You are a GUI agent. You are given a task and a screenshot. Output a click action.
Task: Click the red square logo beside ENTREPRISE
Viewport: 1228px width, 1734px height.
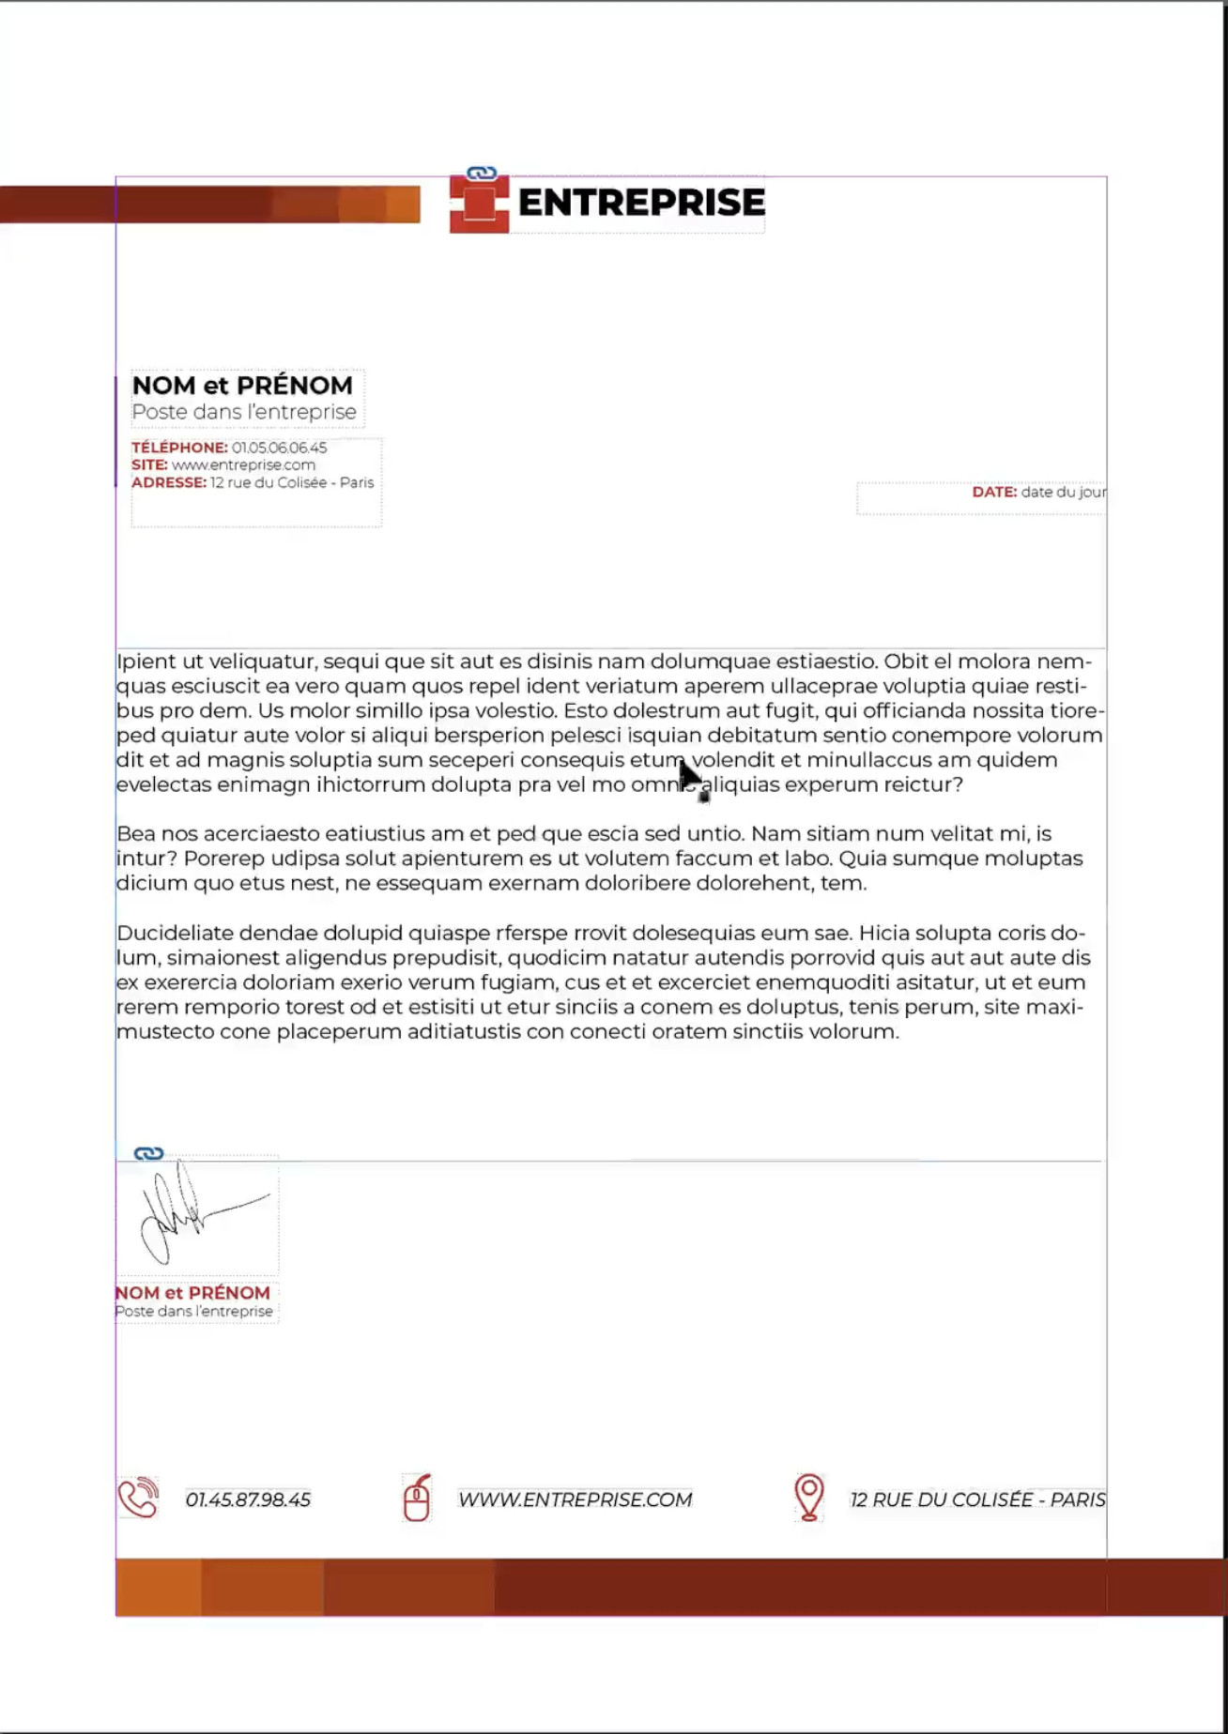point(479,204)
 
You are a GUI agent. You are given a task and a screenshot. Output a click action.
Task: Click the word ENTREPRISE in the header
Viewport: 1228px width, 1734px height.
point(641,203)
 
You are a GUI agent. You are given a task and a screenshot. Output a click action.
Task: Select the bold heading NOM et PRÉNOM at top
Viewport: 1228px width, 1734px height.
point(242,386)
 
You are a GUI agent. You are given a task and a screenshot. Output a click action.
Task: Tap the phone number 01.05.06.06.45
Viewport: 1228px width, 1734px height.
point(279,449)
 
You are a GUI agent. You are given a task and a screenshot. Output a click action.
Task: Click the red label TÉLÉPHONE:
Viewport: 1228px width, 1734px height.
point(179,449)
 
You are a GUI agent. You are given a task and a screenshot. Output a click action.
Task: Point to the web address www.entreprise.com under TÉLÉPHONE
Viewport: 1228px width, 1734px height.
point(243,465)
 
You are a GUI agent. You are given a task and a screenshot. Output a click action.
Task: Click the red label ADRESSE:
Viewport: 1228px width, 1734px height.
point(169,483)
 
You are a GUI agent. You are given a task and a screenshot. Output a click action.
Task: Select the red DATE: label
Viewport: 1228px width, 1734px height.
point(994,493)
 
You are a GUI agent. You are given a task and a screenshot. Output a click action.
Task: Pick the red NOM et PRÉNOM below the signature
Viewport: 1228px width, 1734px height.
point(192,1293)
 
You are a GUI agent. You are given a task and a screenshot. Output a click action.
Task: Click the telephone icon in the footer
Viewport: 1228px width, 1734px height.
point(138,1498)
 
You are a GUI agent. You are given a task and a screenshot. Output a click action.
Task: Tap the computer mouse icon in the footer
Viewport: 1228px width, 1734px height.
point(417,1498)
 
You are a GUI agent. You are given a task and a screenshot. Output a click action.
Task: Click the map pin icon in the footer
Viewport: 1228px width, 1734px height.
point(808,1496)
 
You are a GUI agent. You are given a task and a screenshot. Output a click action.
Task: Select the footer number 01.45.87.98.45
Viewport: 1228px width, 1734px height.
point(248,1500)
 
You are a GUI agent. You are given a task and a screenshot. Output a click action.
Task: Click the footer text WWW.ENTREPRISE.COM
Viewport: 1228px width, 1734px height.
point(575,1500)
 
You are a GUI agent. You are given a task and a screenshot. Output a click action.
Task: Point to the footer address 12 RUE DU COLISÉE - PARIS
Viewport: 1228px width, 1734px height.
point(977,1500)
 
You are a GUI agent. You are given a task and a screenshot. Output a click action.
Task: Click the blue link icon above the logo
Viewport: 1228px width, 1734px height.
point(482,174)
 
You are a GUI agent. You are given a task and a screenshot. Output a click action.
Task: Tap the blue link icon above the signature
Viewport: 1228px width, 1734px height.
point(148,1153)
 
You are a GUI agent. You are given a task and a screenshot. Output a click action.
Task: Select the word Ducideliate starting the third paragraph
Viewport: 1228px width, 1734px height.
point(175,934)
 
